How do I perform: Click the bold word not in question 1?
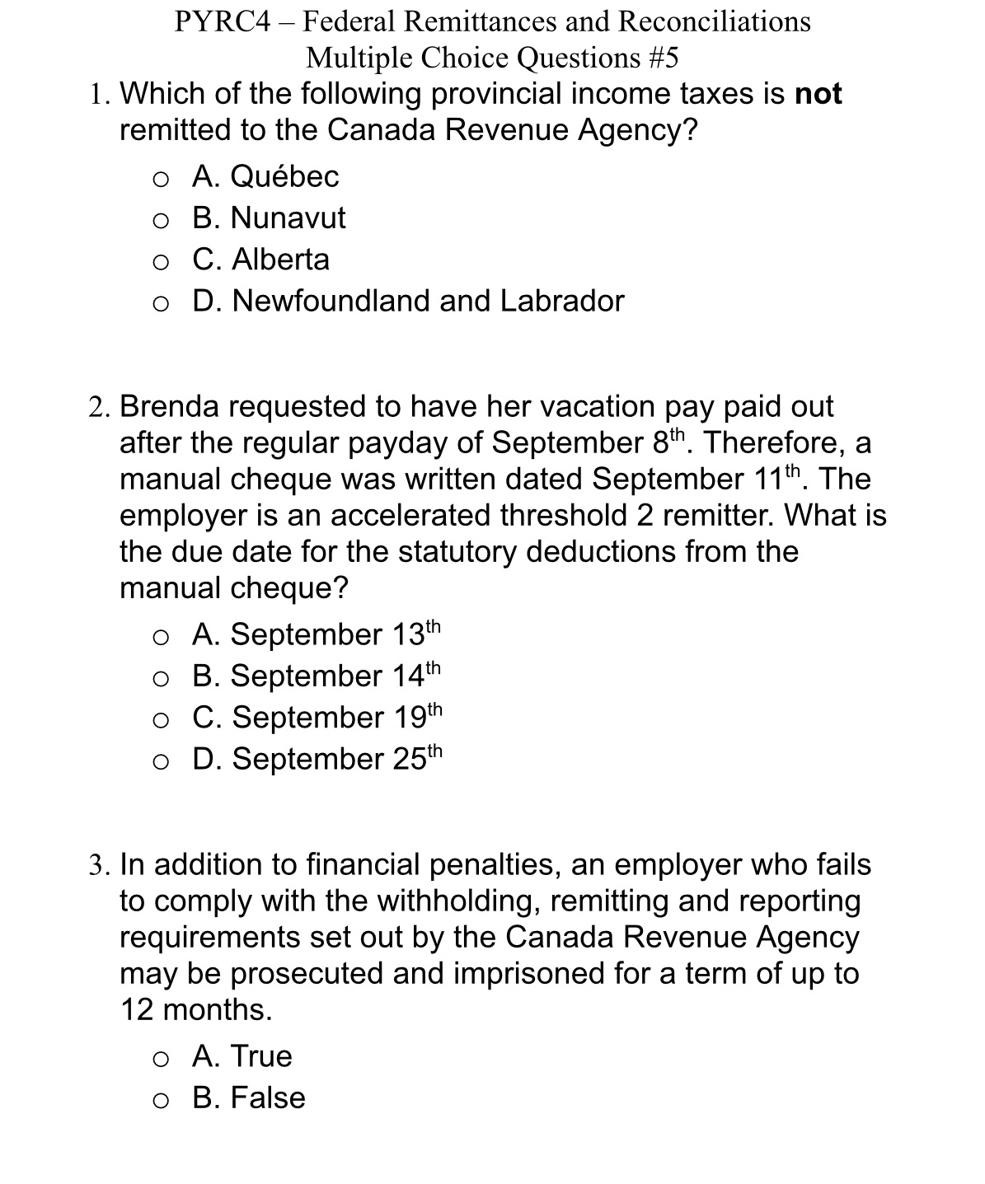[818, 94]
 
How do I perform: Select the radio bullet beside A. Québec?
[161, 178]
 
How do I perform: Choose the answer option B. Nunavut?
[269, 218]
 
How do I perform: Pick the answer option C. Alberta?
[260, 260]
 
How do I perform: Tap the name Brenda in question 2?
[170, 406]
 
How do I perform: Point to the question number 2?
[99, 407]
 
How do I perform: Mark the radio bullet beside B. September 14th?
[161, 677]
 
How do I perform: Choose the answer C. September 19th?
[317, 717]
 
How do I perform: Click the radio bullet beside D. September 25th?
[161, 760]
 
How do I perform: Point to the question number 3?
[99, 865]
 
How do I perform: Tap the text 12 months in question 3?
[195, 1009]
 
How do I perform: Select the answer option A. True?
[242, 1056]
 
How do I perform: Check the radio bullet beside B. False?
[161, 1099]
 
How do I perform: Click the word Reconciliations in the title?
[714, 21]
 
